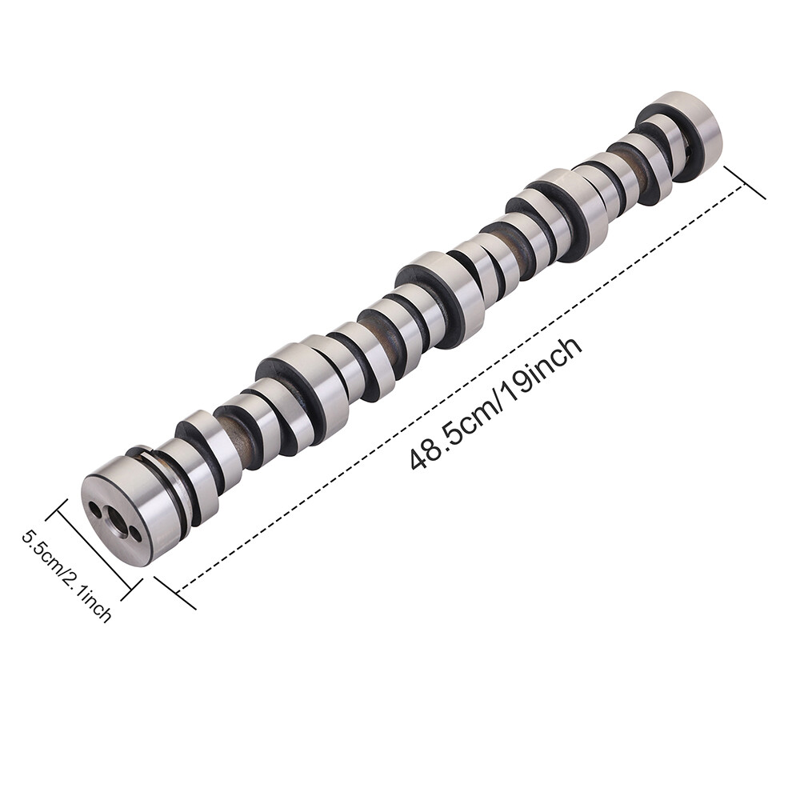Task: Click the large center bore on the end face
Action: point(117,522)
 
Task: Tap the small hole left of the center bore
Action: point(95,509)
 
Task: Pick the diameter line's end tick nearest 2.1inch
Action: point(130,590)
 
